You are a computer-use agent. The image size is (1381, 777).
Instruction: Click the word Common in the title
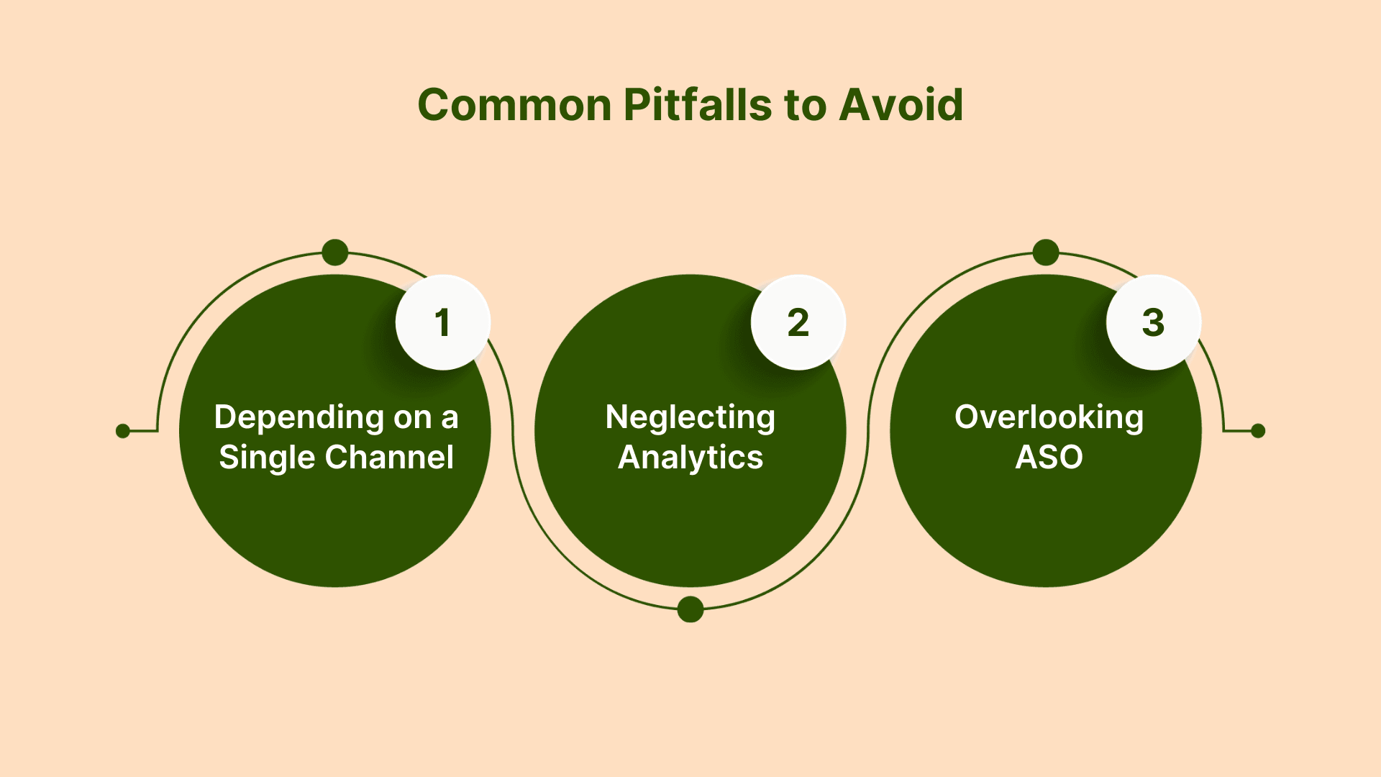(514, 105)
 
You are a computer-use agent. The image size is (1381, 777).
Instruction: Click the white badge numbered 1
(442, 322)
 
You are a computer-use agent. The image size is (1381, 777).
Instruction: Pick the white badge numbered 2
(798, 322)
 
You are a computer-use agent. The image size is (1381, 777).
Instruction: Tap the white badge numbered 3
(1153, 322)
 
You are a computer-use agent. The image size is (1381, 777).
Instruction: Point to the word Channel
(387, 458)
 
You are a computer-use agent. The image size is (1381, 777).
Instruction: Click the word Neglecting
(690, 418)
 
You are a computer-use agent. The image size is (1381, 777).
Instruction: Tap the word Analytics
(690, 458)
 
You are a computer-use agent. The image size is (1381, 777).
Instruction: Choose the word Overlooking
(1049, 417)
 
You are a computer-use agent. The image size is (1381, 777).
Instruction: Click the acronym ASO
(1049, 458)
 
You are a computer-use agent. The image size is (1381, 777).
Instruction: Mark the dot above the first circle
(335, 253)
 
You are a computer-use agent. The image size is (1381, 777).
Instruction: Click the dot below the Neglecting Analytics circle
(690, 609)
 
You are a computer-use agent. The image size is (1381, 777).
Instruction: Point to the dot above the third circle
(1046, 253)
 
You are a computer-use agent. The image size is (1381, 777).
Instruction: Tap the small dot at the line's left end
(123, 431)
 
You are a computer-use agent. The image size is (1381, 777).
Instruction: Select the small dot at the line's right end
(1258, 431)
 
